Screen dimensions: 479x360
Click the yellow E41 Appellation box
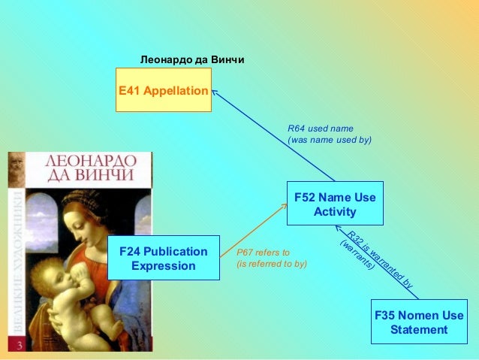click(x=163, y=90)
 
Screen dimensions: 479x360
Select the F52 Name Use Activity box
click(x=335, y=204)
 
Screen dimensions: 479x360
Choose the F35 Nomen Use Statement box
click(x=419, y=322)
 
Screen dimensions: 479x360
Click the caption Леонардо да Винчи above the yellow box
click(x=193, y=59)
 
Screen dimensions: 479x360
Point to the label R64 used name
click(x=321, y=128)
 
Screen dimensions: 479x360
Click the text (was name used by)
click(x=330, y=140)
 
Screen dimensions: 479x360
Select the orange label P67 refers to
click(x=263, y=253)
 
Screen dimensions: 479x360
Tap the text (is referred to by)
click(x=272, y=265)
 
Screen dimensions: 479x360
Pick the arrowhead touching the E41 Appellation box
click(x=215, y=93)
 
